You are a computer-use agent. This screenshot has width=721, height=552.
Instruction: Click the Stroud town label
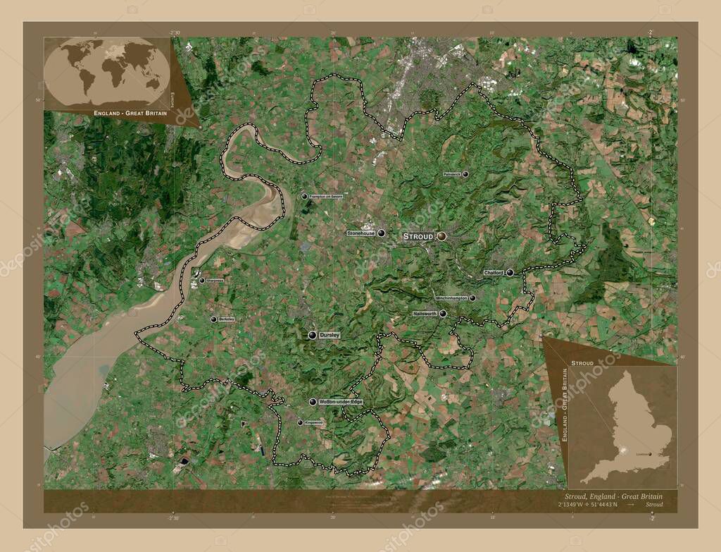pos(418,237)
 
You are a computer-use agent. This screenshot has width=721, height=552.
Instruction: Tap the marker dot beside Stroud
pos(441,237)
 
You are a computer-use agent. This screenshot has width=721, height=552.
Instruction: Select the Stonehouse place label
pos(360,233)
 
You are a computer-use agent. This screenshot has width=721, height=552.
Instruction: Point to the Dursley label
pos(329,335)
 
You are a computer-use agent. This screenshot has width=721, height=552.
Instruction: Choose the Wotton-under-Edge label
pos(341,402)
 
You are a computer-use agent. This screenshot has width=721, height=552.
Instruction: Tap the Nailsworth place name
pos(425,314)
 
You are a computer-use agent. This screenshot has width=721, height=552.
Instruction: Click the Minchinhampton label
pos(451,298)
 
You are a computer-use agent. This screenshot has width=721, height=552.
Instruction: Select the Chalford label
pos(493,272)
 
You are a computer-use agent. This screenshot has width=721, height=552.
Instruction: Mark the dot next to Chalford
pos(509,272)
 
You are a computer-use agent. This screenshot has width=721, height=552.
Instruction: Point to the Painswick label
pos(452,173)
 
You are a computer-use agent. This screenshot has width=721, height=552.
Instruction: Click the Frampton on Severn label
pos(326,197)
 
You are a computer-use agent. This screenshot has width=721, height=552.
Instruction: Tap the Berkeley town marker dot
pos(214,319)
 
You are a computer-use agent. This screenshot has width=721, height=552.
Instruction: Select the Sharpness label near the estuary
pos(215,281)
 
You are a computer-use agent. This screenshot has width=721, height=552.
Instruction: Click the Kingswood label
pos(313,423)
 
